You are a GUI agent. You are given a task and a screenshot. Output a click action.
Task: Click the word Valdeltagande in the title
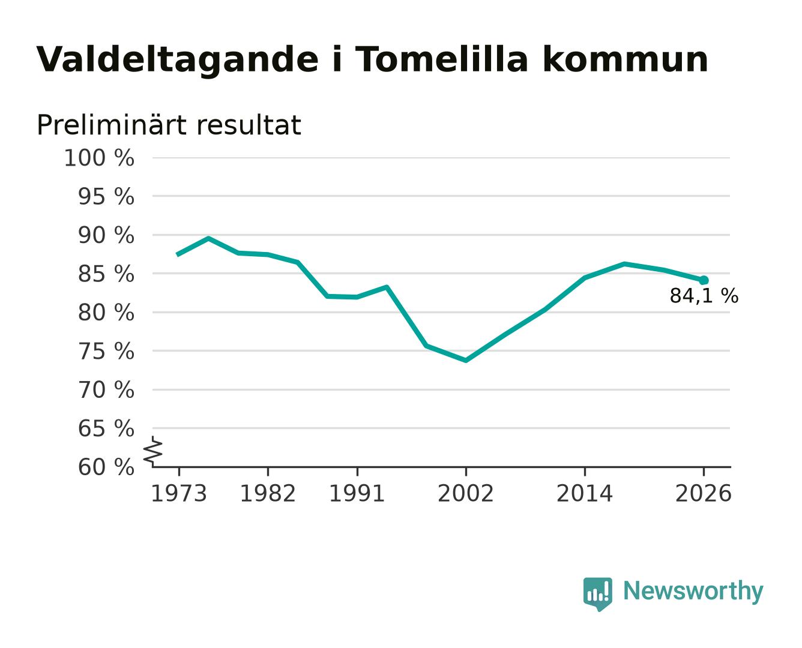[177, 60]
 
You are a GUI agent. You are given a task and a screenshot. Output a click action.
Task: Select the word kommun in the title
[626, 59]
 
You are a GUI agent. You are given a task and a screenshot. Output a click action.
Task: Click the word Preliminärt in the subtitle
[112, 125]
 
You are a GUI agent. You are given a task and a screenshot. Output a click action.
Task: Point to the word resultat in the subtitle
[249, 125]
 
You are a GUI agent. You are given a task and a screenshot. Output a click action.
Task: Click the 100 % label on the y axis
[99, 158]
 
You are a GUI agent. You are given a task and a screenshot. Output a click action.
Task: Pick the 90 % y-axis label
[106, 235]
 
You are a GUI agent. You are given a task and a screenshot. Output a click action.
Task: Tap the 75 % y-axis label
[106, 351]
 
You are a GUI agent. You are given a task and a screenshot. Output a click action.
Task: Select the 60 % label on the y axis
[106, 467]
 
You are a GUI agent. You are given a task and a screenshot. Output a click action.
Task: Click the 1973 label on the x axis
[179, 493]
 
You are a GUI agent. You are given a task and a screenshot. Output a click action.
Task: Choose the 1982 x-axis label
[268, 493]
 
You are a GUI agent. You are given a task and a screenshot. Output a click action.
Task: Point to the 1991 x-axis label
[357, 493]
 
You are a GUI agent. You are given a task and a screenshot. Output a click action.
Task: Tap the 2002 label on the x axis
[466, 493]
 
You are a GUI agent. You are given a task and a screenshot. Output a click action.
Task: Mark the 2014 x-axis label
[584, 493]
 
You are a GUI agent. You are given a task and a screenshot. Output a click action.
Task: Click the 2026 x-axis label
[704, 493]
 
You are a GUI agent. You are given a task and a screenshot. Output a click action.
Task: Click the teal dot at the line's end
[704, 280]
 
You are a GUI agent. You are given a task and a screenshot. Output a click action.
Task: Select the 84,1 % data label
[704, 296]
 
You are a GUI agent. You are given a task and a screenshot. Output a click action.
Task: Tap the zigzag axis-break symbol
[153, 452]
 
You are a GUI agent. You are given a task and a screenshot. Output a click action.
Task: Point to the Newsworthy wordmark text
[693, 591]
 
